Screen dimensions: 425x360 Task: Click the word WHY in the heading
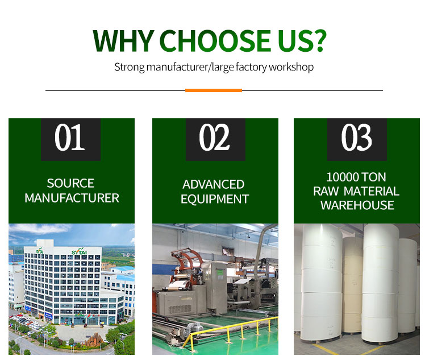pyautogui.click(x=124, y=41)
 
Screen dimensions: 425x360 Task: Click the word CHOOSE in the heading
pyautogui.click(x=215, y=41)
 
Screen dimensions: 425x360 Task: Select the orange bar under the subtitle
pyautogui.click(x=214, y=90)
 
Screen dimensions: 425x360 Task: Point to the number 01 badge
pyautogui.click(x=70, y=139)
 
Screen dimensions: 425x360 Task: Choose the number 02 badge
pyautogui.click(x=215, y=139)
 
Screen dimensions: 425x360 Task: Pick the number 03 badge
pyautogui.click(x=357, y=139)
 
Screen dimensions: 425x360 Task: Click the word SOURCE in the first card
pyautogui.click(x=70, y=183)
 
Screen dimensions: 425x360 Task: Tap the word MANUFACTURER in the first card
pyautogui.click(x=72, y=198)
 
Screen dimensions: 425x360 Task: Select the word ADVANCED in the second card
pyautogui.click(x=213, y=184)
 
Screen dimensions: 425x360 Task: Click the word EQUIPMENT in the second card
pyautogui.click(x=215, y=199)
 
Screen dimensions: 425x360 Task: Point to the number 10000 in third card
pyautogui.click(x=343, y=177)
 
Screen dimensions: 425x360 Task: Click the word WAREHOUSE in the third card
pyautogui.click(x=357, y=205)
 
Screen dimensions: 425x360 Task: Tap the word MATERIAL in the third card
pyautogui.click(x=372, y=191)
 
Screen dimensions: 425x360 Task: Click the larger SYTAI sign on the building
pyautogui.click(x=79, y=251)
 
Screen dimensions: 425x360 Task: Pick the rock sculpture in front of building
pyautogui.click(x=93, y=340)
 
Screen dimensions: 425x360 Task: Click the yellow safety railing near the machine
pyautogui.click(x=230, y=330)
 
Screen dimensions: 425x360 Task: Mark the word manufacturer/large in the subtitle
pyautogui.click(x=190, y=67)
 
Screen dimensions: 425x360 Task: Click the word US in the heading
pyautogui.click(x=295, y=41)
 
